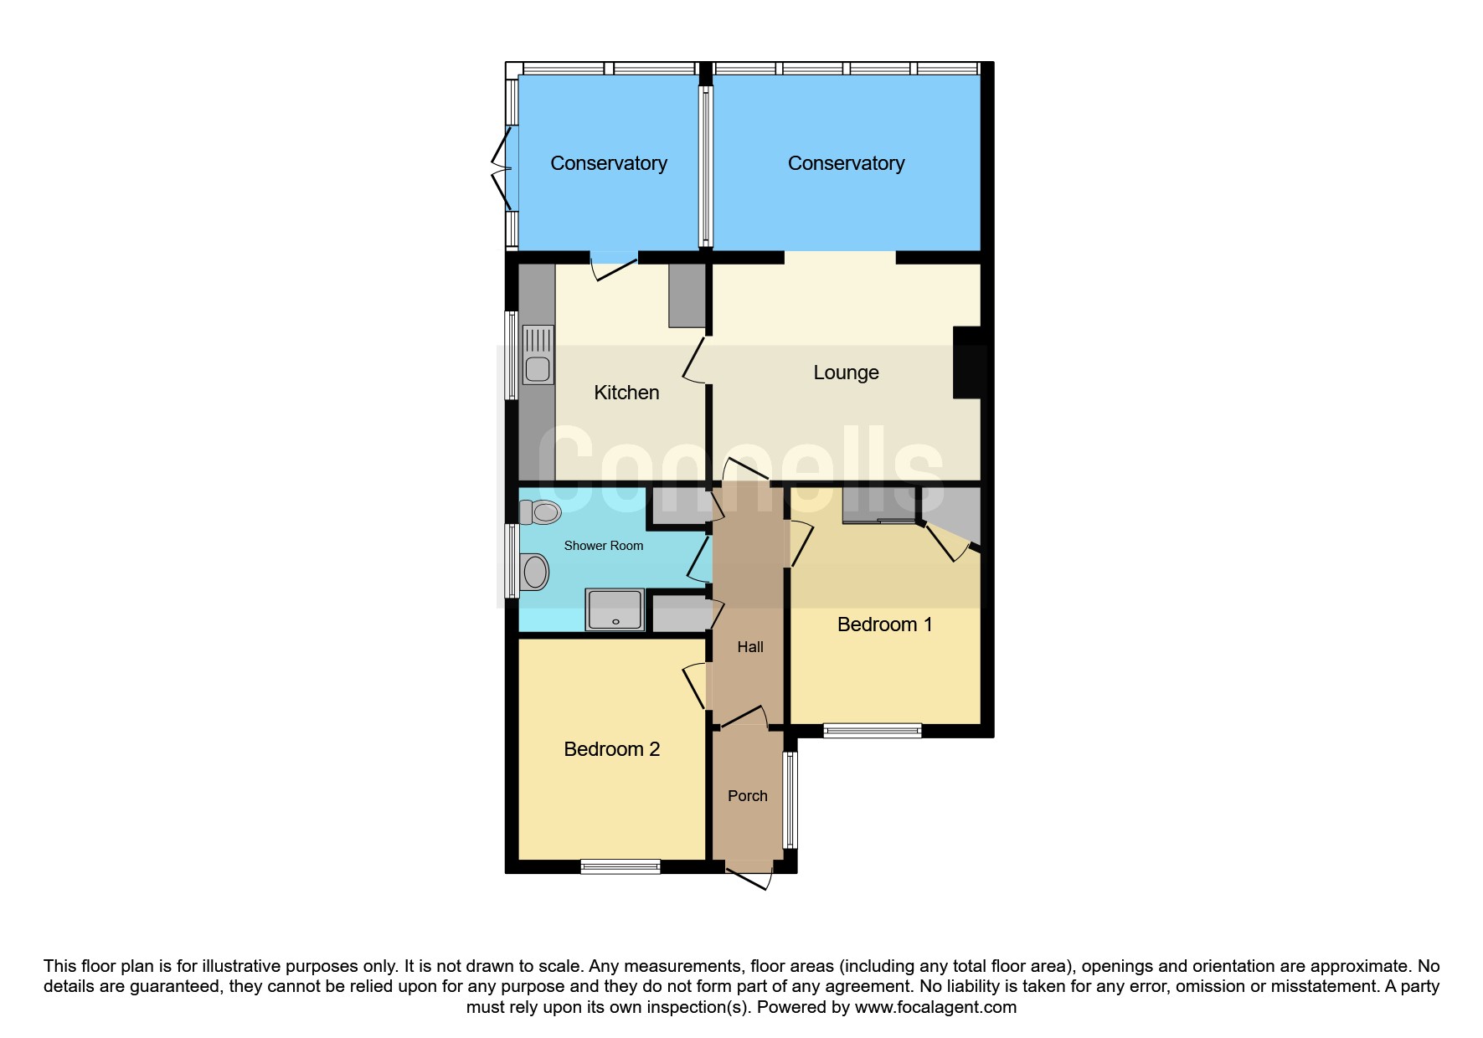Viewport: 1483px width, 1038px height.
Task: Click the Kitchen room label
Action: (x=626, y=393)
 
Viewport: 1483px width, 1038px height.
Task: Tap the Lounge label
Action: (x=846, y=373)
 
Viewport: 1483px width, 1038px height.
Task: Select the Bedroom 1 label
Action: (x=884, y=624)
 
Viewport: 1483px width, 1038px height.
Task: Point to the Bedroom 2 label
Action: (x=611, y=749)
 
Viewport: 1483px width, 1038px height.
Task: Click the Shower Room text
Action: (x=604, y=546)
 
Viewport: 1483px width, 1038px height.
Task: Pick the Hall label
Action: (x=750, y=647)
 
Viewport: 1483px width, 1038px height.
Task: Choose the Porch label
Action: (x=748, y=796)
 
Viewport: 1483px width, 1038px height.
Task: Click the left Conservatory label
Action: (x=609, y=163)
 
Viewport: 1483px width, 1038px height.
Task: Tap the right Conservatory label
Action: (x=846, y=163)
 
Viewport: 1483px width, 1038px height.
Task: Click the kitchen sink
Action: (x=538, y=355)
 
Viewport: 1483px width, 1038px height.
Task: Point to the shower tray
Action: (x=615, y=609)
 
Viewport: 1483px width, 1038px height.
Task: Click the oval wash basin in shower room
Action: (x=534, y=573)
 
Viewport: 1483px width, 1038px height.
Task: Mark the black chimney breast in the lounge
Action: (x=968, y=362)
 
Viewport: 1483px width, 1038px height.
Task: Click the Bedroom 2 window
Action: (x=620, y=867)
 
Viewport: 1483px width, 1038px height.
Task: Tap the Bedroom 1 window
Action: (x=873, y=731)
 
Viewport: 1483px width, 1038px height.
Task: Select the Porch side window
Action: (x=790, y=800)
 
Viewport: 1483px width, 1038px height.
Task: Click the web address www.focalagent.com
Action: (x=935, y=1007)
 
